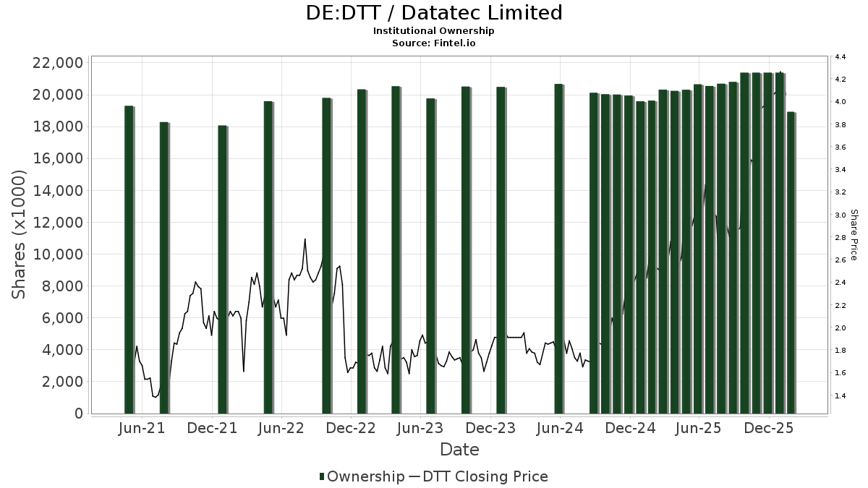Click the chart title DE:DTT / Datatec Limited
[x=434, y=13]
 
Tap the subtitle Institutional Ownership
[x=434, y=31]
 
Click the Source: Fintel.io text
[x=434, y=43]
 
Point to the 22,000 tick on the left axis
[x=56, y=63]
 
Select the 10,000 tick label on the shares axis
[x=56, y=254]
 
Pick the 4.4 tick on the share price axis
[x=841, y=56]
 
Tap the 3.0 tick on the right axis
[x=841, y=215]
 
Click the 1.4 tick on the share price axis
[x=841, y=396]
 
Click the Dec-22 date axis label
[x=351, y=429]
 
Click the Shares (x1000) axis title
[x=20, y=234]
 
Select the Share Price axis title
[x=854, y=234]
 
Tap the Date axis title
[x=459, y=450]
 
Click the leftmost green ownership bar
[x=129, y=260]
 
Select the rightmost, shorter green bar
[x=791, y=263]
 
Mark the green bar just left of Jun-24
[x=558, y=249]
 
